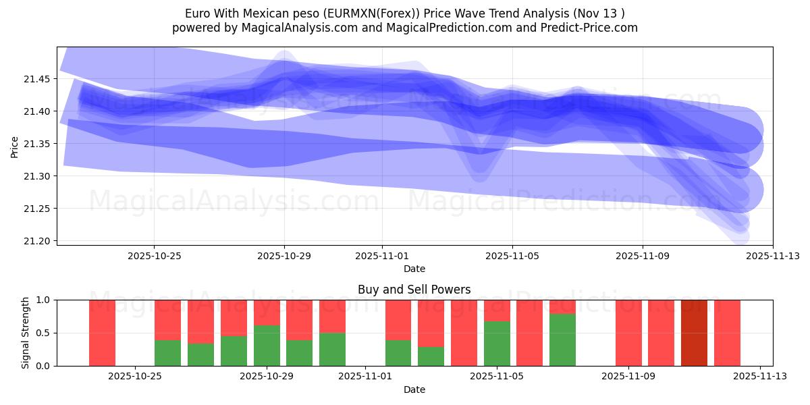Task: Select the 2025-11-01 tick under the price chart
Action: (382, 256)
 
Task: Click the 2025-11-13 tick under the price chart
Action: (773, 256)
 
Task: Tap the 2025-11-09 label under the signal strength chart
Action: (628, 377)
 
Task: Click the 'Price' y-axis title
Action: (15, 146)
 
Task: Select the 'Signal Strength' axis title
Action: (26, 333)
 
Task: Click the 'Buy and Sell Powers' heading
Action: (414, 290)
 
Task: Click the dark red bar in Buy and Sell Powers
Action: (694, 333)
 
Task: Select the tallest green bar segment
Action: (562, 340)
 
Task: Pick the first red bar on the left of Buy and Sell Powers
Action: (103, 333)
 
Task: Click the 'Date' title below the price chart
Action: (414, 269)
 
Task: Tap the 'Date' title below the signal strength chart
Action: (414, 389)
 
